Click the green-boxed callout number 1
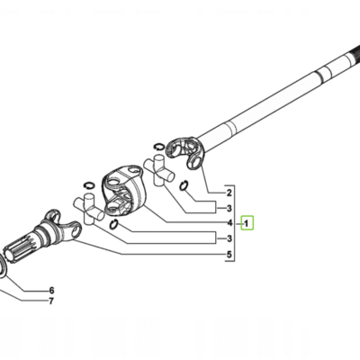click(x=247, y=223)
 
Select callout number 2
click(x=229, y=193)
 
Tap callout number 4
click(x=229, y=223)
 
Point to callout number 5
click(x=229, y=255)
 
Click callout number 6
click(x=51, y=291)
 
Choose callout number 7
click(x=51, y=301)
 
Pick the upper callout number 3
click(x=229, y=208)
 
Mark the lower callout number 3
click(x=229, y=238)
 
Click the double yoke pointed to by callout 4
click(x=124, y=190)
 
